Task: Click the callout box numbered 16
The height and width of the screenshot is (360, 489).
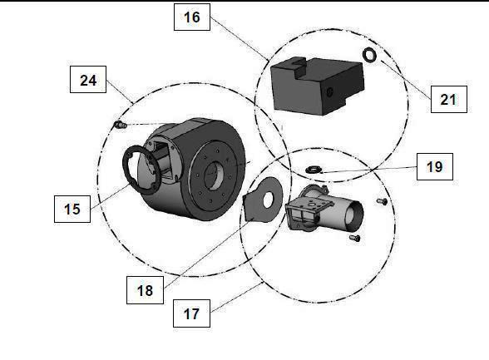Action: [192, 17]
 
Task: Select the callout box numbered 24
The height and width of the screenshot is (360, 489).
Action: [88, 80]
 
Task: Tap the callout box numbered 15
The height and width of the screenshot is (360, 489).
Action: [72, 210]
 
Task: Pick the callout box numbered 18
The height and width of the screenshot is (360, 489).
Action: [145, 290]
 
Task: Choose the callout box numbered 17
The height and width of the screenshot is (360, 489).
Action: [191, 313]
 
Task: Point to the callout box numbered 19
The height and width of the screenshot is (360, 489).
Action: [435, 167]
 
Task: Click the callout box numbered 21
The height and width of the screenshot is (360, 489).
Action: [449, 100]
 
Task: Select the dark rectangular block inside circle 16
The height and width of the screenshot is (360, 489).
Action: [318, 86]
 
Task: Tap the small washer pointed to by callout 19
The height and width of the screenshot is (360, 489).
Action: [312, 170]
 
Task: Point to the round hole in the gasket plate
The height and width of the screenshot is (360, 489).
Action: [268, 200]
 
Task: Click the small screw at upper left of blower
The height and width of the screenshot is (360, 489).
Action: [120, 125]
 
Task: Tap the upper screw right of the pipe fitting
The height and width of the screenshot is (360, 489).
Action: [382, 202]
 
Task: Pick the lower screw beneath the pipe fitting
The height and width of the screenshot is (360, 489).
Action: [354, 239]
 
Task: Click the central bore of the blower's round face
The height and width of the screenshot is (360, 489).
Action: [214, 176]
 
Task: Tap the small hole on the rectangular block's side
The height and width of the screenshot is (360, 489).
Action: [329, 91]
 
